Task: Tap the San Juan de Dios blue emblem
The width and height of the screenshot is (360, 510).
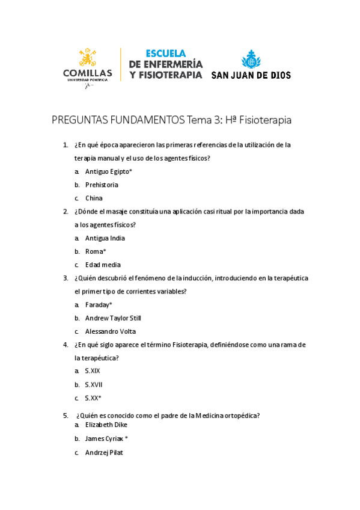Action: pyautogui.click(x=251, y=60)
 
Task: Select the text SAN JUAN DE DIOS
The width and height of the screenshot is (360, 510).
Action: pyautogui.click(x=251, y=76)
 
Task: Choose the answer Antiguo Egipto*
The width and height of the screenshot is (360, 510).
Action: pyautogui.click(x=108, y=172)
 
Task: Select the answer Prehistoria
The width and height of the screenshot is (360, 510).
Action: pyautogui.click(x=102, y=185)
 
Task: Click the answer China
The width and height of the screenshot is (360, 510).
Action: pyautogui.click(x=94, y=198)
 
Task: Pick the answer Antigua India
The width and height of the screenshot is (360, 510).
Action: pyautogui.click(x=105, y=238)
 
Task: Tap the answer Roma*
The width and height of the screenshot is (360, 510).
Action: pyautogui.click(x=96, y=251)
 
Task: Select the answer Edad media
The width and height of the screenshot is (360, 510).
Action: pyautogui.click(x=103, y=265)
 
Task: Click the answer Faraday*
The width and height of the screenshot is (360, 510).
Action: pyautogui.click(x=99, y=305)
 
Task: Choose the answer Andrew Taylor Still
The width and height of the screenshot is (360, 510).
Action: pyautogui.click(x=113, y=318)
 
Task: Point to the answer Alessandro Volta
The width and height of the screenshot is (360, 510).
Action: pyautogui.click(x=111, y=331)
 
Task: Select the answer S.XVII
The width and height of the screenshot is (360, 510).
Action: pyautogui.click(x=94, y=385)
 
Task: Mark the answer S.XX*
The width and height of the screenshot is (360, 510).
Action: pyautogui.click(x=93, y=398)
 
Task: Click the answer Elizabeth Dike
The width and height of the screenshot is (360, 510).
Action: pyautogui.click(x=106, y=425)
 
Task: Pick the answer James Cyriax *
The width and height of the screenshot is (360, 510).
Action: pyautogui.click(x=106, y=439)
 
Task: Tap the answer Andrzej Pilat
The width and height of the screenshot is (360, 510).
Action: pyautogui.click(x=104, y=453)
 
